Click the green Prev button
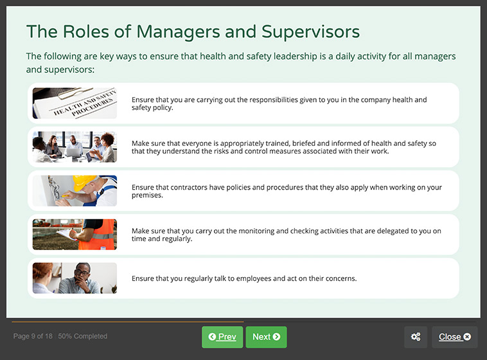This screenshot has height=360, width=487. point(222,337)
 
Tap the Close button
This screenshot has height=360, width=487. point(454,337)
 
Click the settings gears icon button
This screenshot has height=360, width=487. point(416,337)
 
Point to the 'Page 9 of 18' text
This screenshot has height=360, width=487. point(32,336)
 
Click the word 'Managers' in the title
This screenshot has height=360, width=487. point(164,32)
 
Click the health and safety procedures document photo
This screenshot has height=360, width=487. point(75,104)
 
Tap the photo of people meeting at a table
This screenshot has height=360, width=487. point(75,147)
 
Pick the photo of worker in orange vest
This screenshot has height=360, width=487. point(75,235)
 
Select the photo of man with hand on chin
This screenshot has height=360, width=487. point(75,278)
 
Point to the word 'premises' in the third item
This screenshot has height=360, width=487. point(146,195)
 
